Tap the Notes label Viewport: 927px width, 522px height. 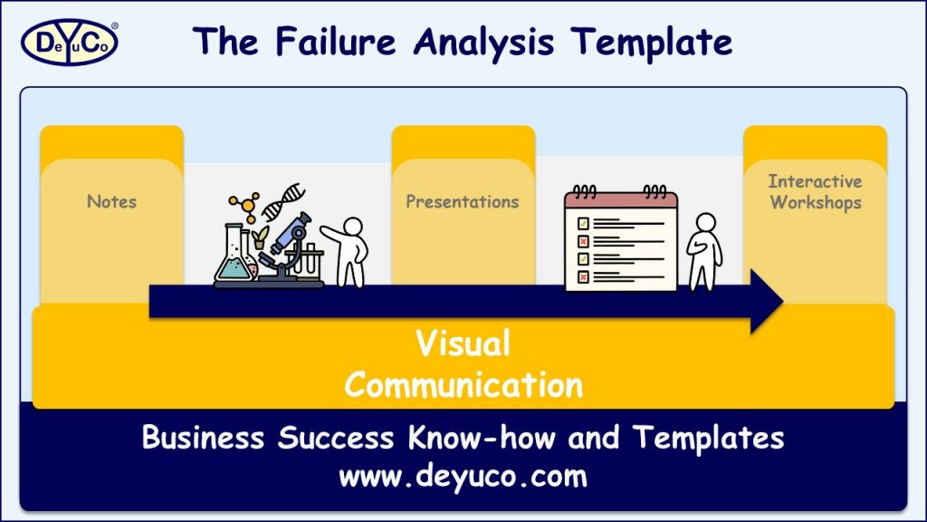[x=111, y=201]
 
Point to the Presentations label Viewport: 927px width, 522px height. [x=463, y=201]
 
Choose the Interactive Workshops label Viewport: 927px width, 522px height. [x=815, y=192]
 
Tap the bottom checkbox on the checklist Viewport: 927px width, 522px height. [x=584, y=276]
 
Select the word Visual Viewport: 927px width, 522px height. [x=463, y=344]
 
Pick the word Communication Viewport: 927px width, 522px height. [x=463, y=385]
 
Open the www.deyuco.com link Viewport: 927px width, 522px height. [x=463, y=476]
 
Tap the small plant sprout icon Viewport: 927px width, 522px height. [x=262, y=237]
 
